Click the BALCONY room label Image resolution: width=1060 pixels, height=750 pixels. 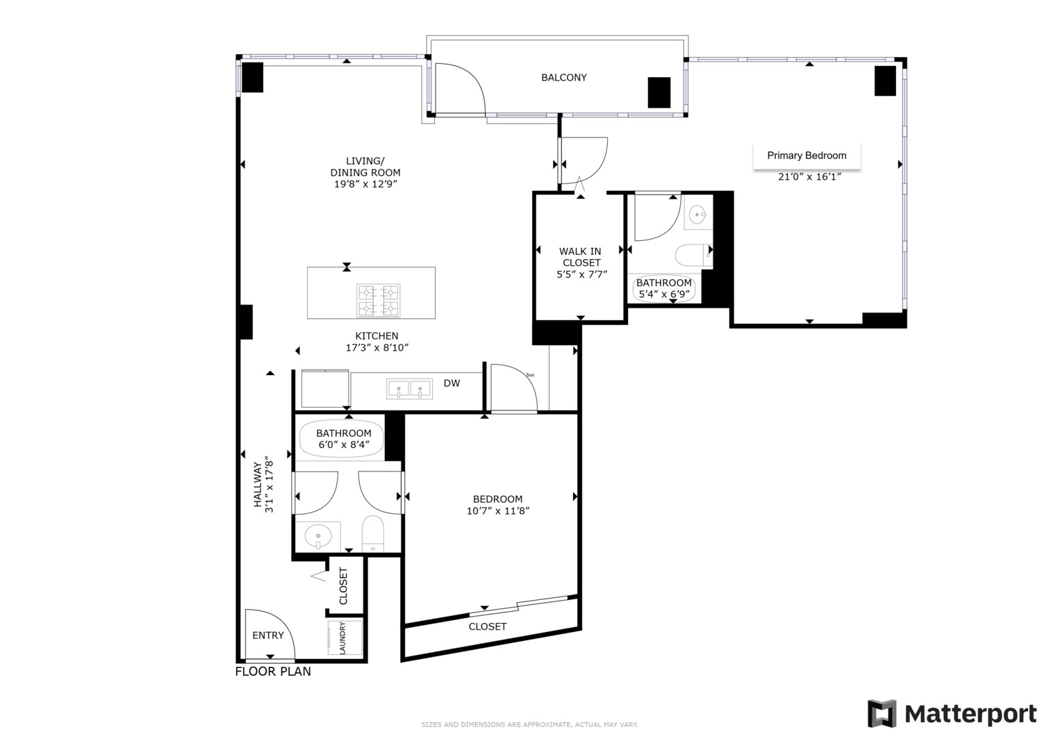[x=563, y=78]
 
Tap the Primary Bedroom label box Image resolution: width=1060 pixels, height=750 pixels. [x=806, y=156]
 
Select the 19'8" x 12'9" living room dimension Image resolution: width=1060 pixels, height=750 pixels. [x=365, y=185]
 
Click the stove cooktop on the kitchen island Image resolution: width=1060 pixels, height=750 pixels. [x=379, y=300]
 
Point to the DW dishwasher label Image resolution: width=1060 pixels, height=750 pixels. [x=452, y=383]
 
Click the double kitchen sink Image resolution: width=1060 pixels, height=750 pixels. [x=410, y=389]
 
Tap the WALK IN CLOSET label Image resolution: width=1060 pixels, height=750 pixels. [x=581, y=257]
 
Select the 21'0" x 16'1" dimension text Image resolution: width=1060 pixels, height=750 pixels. [x=809, y=177]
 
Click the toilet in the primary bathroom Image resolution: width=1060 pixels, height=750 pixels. [x=692, y=255]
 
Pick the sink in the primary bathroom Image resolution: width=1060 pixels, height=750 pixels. [x=697, y=215]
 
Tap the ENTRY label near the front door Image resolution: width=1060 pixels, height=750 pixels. [x=268, y=635]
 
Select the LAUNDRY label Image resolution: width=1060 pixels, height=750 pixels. [x=342, y=637]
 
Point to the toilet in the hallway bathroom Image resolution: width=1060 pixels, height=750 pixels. [x=373, y=533]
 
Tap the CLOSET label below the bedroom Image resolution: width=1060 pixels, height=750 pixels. [x=487, y=626]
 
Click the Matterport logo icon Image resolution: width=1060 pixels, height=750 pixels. [x=881, y=714]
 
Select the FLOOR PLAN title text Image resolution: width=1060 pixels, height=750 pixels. [x=273, y=672]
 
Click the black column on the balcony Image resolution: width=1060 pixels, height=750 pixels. [x=659, y=92]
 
